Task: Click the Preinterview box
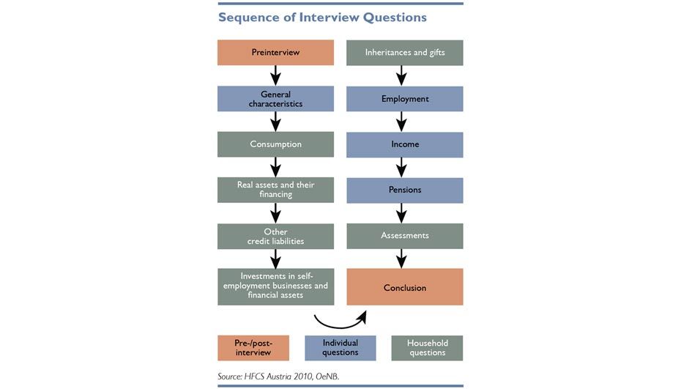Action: point(275,53)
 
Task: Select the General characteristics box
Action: point(275,99)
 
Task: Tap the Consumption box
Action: point(275,144)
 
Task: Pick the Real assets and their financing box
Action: point(275,190)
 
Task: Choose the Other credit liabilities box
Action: point(275,237)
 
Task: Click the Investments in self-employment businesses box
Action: point(276,286)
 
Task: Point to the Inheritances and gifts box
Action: point(405,53)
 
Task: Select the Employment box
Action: point(405,99)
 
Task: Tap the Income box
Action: point(405,145)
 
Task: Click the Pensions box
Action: point(405,190)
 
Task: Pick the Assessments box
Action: point(405,236)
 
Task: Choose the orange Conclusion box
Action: point(405,287)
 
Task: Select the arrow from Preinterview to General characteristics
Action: point(275,75)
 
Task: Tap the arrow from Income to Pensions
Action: point(401,167)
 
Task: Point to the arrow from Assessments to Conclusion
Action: point(401,259)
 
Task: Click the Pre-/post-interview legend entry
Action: point(253,348)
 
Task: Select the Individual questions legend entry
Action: point(340,348)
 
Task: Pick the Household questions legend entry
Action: point(428,348)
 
